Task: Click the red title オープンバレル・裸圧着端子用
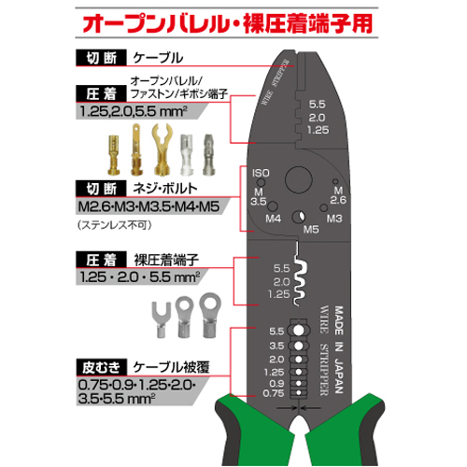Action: pyautogui.click(x=227, y=23)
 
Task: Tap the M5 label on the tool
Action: pyautogui.click(x=311, y=230)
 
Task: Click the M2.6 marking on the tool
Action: pyautogui.click(x=338, y=195)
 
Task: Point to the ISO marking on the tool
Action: pyautogui.click(x=261, y=173)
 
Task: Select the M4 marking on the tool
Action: pyautogui.click(x=273, y=219)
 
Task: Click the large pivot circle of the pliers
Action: pyautogui.click(x=298, y=180)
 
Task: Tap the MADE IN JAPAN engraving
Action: pyautogui.click(x=339, y=349)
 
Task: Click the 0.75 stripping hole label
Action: pyautogui.click(x=274, y=393)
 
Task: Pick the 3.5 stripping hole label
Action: pyautogui.click(x=276, y=346)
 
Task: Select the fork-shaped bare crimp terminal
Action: pyautogui.click(x=161, y=319)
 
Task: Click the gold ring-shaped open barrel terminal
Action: pyautogui.click(x=162, y=149)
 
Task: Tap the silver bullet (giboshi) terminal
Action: pyautogui.click(x=208, y=155)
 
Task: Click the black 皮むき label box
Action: pyautogui.click(x=102, y=367)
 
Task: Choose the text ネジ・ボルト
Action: pyautogui.click(x=165, y=189)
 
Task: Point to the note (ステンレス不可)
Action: pyautogui.click(x=115, y=225)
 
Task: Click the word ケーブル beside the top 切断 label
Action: pyautogui.click(x=158, y=58)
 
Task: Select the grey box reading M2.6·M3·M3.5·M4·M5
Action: pyautogui.click(x=152, y=206)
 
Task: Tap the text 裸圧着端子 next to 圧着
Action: pyautogui.click(x=166, y=260)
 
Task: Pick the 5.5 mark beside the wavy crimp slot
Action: pyautogui.click(x=281, y=268)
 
